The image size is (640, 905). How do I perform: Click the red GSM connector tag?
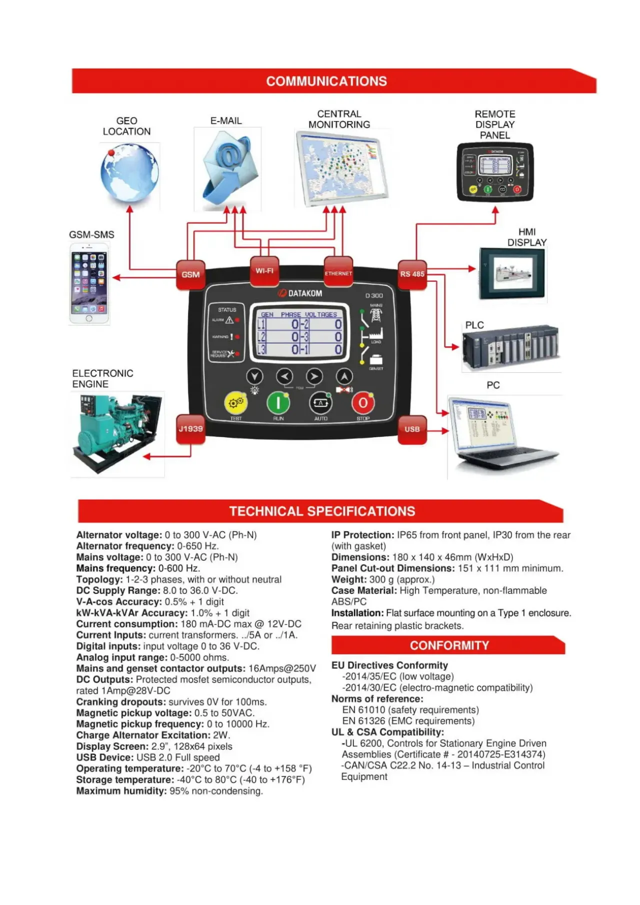coord(190,275)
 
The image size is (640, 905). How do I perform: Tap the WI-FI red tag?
coord(264,271)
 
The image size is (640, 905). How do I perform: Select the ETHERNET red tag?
coord(338,273)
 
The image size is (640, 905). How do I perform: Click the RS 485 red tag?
coord(412,274)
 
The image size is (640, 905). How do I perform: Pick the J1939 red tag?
coord(190,429)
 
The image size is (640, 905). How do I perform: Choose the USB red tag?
coord(412,429)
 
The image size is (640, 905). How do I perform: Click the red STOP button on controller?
coord(363,403)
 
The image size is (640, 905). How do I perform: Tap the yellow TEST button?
coord(235,403)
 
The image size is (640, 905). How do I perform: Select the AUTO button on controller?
coord(320,403)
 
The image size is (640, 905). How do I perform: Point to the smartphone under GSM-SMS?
coord(89,284)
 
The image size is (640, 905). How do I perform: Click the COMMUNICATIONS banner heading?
coord(326,81)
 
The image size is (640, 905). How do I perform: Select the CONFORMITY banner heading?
coord(449,645)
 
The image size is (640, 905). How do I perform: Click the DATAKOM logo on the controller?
coord(300,293)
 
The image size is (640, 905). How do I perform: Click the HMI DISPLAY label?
coord(526,237)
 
